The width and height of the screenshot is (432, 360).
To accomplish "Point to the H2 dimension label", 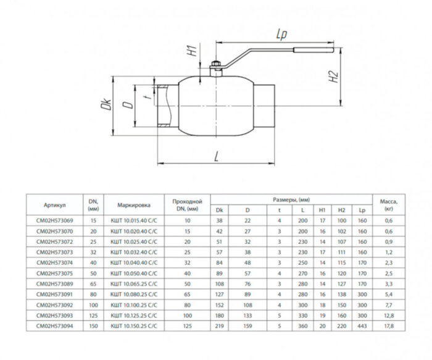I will (333, 78).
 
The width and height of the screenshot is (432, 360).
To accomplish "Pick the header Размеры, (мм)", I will (290, 199).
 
